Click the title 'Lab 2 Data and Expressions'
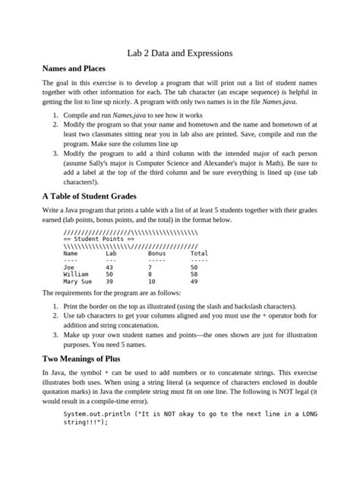click(x=179, y=54)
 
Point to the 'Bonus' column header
click(x=157, y=253)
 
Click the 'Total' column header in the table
click(x=199, y=253)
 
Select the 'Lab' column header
click(x=111, y=253)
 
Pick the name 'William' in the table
click(x=76, y=274)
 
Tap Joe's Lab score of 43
click(x=109, y=267)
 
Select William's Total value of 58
click(x=194, y=274)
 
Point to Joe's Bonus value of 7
click(x=150, y=267)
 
